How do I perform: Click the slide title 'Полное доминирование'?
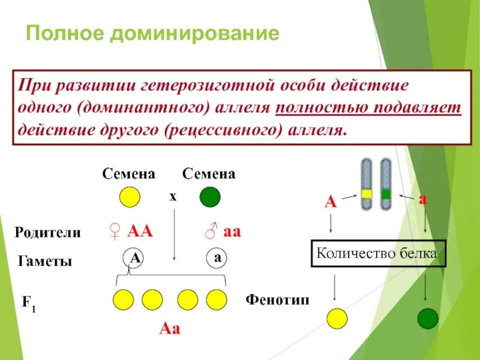click(x=152, y=33)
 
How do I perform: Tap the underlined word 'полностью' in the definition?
click(x=319, y=107)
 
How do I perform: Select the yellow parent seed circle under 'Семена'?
click(x=129, y=197)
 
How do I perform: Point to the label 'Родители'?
click(x=47, y=233)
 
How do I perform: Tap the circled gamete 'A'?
click(x=136, y=258)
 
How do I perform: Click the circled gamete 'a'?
click(x=217, y=258)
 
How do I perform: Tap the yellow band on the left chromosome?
click(x=367, y=194)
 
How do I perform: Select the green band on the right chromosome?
click(x=386, y=194)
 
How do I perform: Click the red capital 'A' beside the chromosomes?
click(x=330, y=202)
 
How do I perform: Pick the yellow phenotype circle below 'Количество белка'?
click(x=337, y=318)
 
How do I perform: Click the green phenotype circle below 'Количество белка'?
click(x=428, y=318)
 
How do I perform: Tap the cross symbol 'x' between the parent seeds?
click(x=173, y=196)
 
